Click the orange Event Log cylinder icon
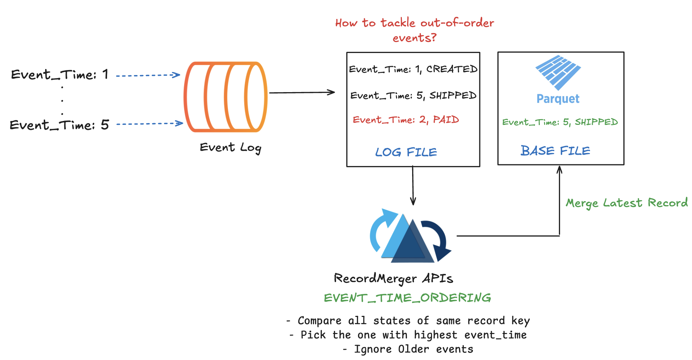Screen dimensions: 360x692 pos(225,97)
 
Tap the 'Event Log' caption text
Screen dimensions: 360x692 pos(230,148)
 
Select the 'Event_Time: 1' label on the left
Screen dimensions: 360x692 pos(59,75)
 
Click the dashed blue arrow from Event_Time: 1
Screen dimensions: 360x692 pos(148,75)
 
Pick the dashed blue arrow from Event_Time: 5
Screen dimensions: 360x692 pos(149,124)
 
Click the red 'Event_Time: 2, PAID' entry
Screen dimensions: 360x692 pos(406,120)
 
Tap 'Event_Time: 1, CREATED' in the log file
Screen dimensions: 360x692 pos(413,69)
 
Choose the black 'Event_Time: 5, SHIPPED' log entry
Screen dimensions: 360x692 pos(413,96)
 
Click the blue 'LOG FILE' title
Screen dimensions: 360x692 pos(406,152)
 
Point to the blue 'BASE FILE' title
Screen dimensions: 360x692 pos(555,151)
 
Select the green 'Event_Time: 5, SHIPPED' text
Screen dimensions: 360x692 pos(560,122)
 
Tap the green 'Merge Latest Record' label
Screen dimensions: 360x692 pos(627,203)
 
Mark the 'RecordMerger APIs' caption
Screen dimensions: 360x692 pos(393,279)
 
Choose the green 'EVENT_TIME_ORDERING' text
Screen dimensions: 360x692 pos(408,298)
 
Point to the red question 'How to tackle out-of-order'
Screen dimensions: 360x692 pos(415,23)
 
